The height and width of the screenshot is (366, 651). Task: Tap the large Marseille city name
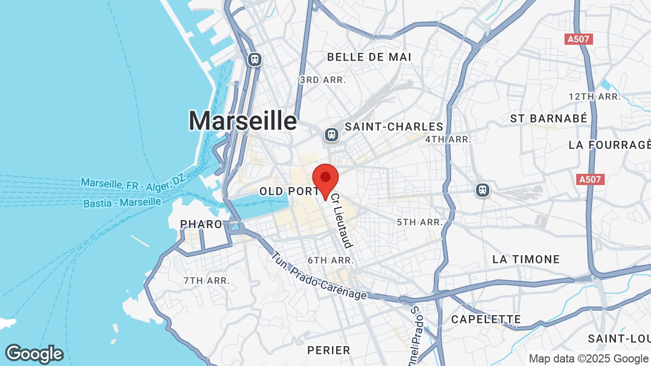(243, 121)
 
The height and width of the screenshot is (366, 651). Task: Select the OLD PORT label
(289, 192)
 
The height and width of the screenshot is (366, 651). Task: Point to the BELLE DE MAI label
(369, 57)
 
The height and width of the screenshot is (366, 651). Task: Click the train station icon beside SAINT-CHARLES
(332, 135)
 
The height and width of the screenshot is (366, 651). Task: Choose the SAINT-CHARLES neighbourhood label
(394, 127)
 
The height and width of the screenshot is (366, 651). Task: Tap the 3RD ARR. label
(322, 80)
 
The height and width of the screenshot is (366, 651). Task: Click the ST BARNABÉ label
(549, 118)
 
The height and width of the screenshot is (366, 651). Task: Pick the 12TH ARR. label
(595, 97)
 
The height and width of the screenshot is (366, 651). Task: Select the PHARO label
(201, 224)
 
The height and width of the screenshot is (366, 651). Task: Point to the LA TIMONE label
(526, 259)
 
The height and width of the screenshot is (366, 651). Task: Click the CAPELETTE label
(486, 319)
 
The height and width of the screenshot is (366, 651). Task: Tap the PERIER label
(329, 350)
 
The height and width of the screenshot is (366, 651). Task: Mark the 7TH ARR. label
(206, 280)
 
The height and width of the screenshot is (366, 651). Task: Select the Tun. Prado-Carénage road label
(318, 276)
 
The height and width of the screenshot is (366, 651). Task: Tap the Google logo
(34, 354)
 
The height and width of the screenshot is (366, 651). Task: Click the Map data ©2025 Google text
(588, 358)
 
